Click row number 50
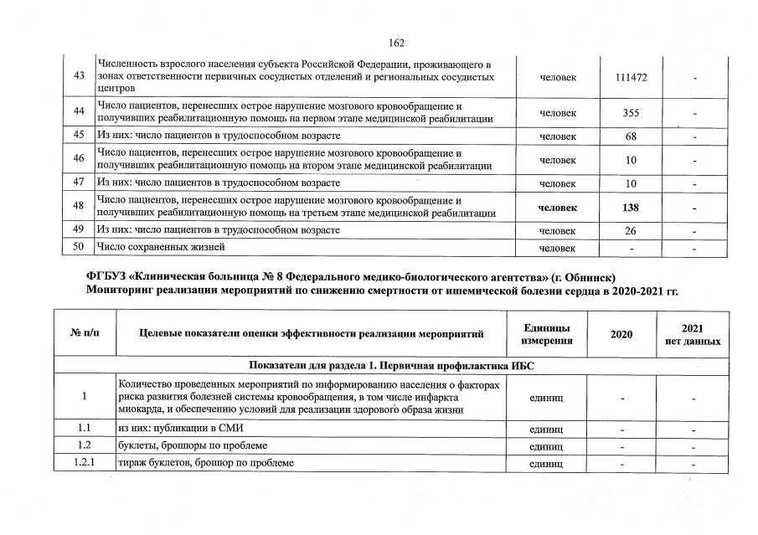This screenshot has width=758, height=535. [x=79, y=247]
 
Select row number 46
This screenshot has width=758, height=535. [x=79, y=159]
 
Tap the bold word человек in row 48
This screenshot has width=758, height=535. [x=558, y=207]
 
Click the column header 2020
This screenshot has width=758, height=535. [x=621, y=334]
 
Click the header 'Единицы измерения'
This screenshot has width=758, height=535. [x=547, y=334]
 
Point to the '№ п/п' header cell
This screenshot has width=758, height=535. [x=84, y=334]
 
